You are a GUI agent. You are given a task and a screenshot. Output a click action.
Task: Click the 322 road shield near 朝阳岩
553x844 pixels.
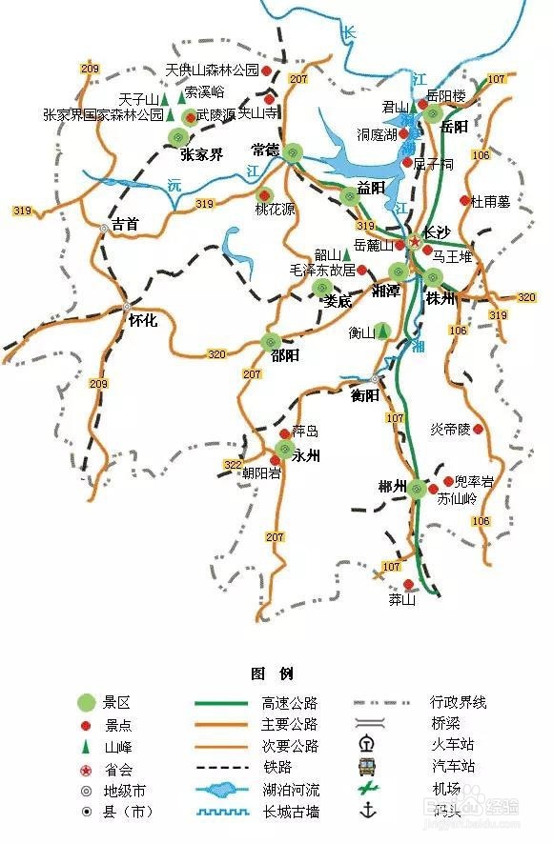(233, 463)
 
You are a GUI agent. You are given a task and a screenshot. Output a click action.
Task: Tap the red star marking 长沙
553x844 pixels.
(414, 242)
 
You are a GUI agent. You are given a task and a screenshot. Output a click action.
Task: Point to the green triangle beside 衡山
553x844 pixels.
(382, 331)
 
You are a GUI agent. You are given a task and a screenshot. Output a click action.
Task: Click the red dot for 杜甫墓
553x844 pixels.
(465, 200)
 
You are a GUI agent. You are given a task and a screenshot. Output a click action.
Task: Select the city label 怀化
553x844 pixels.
(143, 321)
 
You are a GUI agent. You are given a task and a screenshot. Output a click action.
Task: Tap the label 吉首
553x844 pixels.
(125, 225)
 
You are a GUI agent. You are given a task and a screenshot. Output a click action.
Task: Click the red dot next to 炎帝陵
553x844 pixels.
(479, 430)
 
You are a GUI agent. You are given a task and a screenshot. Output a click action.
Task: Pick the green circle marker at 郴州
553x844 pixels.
(417, 490)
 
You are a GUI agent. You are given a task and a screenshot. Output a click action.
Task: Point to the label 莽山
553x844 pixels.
(402, 600)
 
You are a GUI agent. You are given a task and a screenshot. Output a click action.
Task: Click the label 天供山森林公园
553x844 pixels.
(212, 70)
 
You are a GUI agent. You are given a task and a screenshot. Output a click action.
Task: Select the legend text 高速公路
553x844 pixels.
(290, 703)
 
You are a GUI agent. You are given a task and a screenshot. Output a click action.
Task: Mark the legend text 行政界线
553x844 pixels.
(459, 703)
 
